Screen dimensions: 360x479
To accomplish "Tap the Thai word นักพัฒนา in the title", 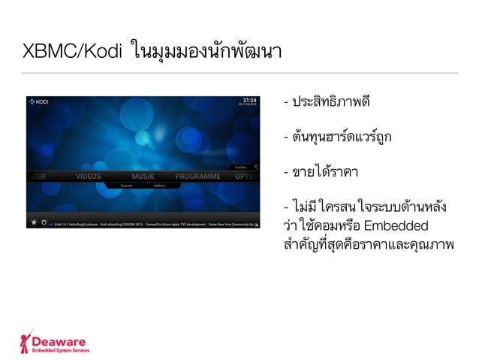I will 248,53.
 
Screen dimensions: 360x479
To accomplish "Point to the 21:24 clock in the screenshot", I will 249,99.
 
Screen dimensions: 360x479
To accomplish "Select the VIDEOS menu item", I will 88,177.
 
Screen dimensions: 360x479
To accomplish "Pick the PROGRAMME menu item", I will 197,177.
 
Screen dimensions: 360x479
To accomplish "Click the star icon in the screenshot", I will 34,222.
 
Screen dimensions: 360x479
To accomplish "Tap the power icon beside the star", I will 44,222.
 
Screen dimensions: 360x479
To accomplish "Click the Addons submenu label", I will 159,185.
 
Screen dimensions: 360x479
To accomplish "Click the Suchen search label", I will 240,167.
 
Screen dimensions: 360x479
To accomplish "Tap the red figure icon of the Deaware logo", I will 27,340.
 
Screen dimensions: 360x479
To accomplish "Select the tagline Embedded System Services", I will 64,349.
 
